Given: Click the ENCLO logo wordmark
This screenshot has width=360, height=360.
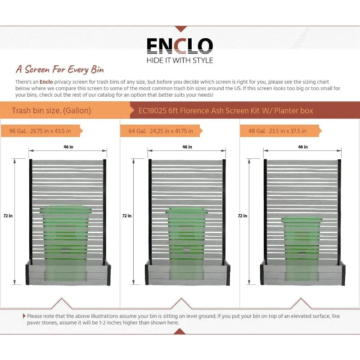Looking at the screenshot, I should coord(180,45).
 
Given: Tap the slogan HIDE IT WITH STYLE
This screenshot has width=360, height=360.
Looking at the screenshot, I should coord(180,60).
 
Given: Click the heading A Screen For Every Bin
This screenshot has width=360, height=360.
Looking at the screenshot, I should coord(60,70).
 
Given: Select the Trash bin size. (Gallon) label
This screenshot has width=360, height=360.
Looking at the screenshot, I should coord(51,110).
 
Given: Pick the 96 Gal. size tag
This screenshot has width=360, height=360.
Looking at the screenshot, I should coord(44,131).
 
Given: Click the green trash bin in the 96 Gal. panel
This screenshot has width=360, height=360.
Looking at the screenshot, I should coord(66,243).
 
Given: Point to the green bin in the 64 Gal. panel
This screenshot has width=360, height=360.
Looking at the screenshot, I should coord(186,243).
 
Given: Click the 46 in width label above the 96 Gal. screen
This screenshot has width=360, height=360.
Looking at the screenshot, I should coord(68,147).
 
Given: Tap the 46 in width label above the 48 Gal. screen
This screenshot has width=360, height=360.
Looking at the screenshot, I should coord(303,147).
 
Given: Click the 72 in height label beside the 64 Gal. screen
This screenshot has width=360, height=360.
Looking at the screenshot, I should coord(127,216).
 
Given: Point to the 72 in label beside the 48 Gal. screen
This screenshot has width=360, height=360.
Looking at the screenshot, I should coord(243,216).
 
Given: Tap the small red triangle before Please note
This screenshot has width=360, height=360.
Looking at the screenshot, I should coord(24,316).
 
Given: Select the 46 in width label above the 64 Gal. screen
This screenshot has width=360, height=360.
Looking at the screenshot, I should coord(187,147).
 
